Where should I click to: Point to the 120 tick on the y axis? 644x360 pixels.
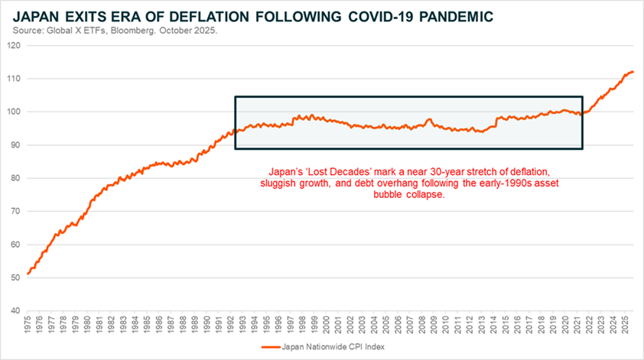pyautogui.click(x=12, y=45)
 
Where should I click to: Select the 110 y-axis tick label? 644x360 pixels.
pyautogui.click(x=12, y=79)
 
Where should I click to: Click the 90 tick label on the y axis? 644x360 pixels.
pyautogui.click(x=14, y=145)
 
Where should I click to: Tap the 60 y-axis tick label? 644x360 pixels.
pyautogui.click(x=14, y=245)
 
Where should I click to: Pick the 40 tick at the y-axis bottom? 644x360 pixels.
pyautogui.click(x=14, y=311)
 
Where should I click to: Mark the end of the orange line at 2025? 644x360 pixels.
pyautogui.click(x=633, y=72)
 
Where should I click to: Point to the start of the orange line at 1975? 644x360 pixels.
pyautogui.click(x=28, y=273)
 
